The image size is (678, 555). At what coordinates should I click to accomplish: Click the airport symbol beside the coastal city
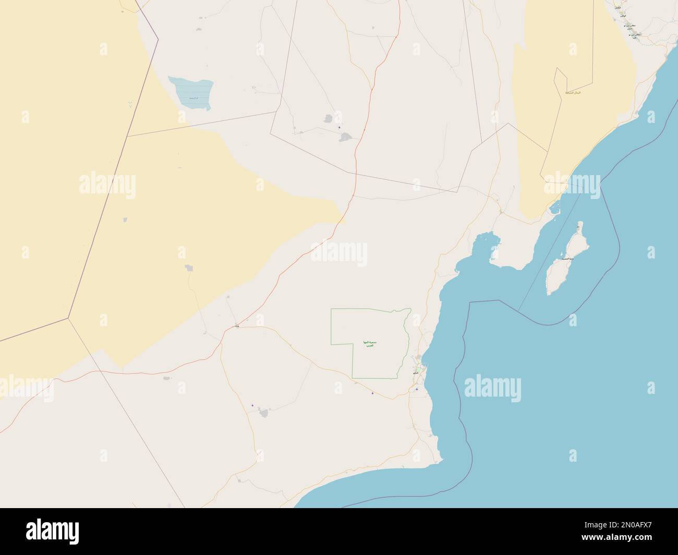(x=416, y=389)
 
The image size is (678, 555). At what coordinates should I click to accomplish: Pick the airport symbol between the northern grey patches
(x=340, y=128)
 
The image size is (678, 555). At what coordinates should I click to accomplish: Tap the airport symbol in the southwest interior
(x=252, y=405)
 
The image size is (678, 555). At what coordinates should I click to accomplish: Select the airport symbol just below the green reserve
(x=372, y=393)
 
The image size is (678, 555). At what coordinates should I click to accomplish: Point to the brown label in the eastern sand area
(x=574, y=92)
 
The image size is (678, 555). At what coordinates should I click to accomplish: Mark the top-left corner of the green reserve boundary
(x=331, y=310)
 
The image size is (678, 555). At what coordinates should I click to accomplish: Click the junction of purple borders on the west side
(x=68, y=317)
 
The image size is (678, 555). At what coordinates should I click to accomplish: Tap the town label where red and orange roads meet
(x=237, y=327)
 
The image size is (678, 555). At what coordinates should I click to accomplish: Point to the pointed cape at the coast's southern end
(x=441, y=460)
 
